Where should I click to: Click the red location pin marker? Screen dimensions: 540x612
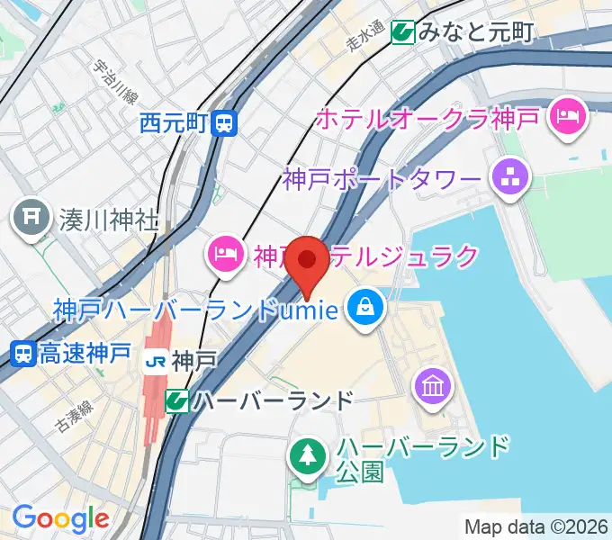pyautogui.click(x=310, y=262)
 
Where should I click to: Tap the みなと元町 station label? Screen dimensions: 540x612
pyautogui.click(x=475, y=32)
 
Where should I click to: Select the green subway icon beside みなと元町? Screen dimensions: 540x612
pyautogui.click(x=402, y=32)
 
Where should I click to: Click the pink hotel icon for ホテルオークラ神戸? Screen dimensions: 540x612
pyautogui.click(x=569, y=116)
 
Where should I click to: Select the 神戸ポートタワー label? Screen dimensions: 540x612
pyautogui.click(x=382, y=178)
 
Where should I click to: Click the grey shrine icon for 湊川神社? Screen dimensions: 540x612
pyautogui.click(x=32, y=219)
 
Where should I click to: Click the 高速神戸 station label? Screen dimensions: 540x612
pyautogui.click(x=85, y=354)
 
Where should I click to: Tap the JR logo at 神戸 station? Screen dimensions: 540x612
pyautogui.click(x=156, y=362)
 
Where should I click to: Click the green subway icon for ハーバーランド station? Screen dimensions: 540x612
pyautogui.click(x=176, y=400)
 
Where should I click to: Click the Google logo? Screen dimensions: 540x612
pyautogui.click(x=60, y=518)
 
